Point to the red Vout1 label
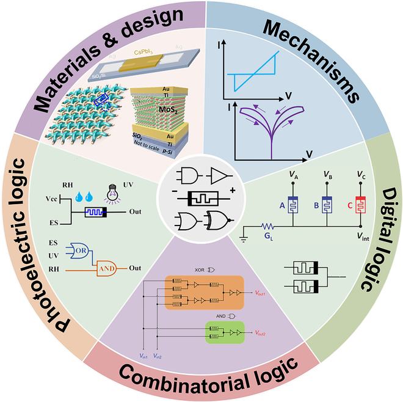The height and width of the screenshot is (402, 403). pyautogui.click(x=264, y=293)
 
